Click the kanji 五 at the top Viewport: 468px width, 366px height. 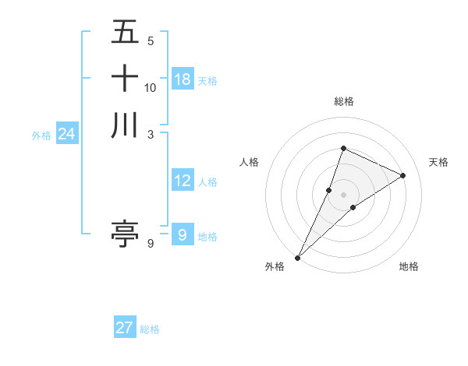[x=125, y=33]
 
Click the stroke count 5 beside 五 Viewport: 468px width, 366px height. [x=150, y=41]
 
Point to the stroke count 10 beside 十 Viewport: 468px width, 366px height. [x=151, y=87]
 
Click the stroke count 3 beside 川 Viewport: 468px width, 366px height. [x=150, y=133]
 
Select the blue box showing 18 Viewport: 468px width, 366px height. [x=183, y=79]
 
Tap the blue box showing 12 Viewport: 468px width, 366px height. [x=183, y=181]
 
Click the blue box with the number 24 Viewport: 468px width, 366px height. [x=66, y=135]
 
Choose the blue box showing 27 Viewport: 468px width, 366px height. [x=125, y=328]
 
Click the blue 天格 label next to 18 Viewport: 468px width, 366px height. [x=207, y=81]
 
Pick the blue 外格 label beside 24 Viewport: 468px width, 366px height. [x=41, y=135]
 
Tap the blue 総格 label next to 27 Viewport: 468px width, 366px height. [x=150, y=329]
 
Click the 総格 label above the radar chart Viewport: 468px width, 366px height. [x=343, y=101]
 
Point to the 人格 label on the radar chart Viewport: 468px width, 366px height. [x=250, y=162]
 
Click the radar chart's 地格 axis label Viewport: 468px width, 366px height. [x=409, y=266]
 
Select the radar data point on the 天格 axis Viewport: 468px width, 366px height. [x=403, y=175]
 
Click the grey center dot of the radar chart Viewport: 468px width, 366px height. [x=343, y=194]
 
